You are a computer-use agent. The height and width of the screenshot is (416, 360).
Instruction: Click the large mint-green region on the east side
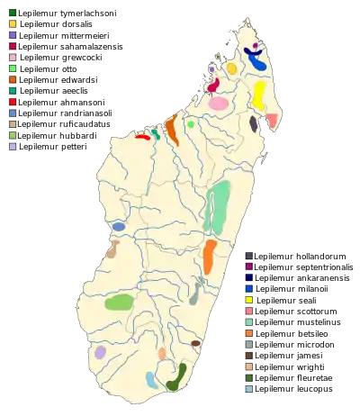click(217, 207)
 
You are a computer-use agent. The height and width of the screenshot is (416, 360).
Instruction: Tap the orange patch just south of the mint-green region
click(209, 256)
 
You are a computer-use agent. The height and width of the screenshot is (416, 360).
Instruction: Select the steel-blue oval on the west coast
click(118, 227)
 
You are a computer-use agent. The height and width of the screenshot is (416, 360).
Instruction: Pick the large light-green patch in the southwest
click(119, 303)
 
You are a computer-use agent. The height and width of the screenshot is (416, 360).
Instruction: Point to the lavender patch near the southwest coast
click(101, 352)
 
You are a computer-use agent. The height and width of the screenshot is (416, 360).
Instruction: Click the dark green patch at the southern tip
click(176, 378)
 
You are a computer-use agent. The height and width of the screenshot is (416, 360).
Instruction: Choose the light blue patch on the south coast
click(152, 380)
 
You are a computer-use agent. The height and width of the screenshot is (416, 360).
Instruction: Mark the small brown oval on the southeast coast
click(195, 343)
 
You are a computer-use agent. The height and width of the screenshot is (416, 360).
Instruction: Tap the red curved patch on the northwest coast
click(142, 137)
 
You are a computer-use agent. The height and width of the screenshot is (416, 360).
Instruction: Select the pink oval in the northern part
click(218, 104)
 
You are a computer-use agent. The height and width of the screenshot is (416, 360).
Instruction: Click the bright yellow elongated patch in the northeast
click(259, 94)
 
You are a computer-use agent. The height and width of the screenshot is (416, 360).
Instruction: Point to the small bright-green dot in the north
click(191, 124)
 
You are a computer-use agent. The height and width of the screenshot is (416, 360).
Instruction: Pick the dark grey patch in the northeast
click(254, 125)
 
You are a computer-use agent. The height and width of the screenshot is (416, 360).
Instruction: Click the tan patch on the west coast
click(112, 249)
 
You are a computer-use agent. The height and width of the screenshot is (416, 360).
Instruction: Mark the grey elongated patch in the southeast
click(195, 291)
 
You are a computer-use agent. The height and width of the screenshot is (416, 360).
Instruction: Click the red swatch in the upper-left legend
click(12, 102)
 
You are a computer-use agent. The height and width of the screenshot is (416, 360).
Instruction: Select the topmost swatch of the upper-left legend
click(12, 13)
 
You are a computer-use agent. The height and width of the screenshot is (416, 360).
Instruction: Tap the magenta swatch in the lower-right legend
click(249, 267)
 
